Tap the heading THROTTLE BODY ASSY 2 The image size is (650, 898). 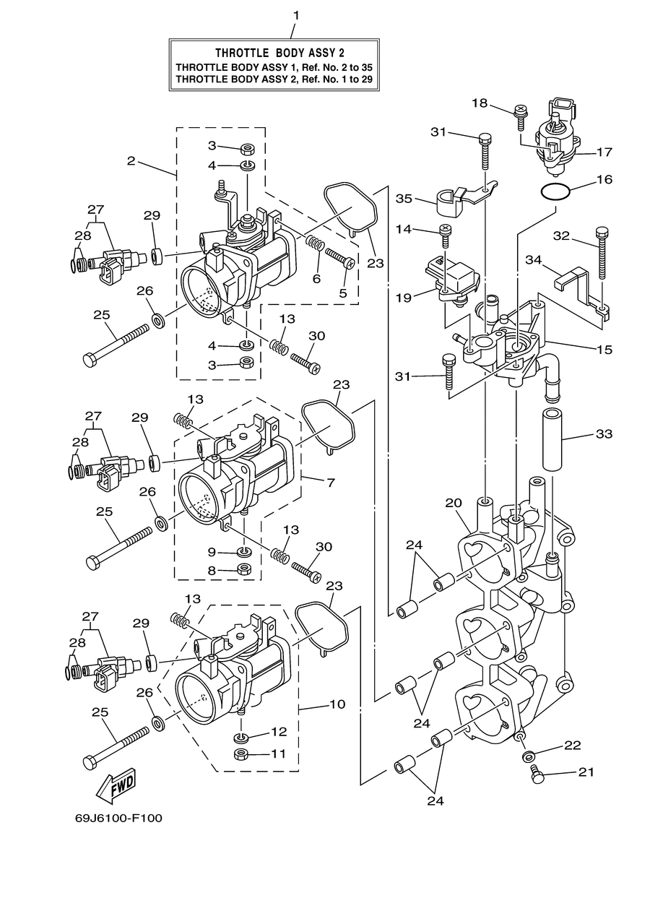(x=279, y=53)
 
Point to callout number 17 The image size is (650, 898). (x=604, y=152)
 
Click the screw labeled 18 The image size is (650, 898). (x=521, y=117)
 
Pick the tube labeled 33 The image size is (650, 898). (x=552, y=439)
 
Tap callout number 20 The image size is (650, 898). (x=454, y=502)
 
